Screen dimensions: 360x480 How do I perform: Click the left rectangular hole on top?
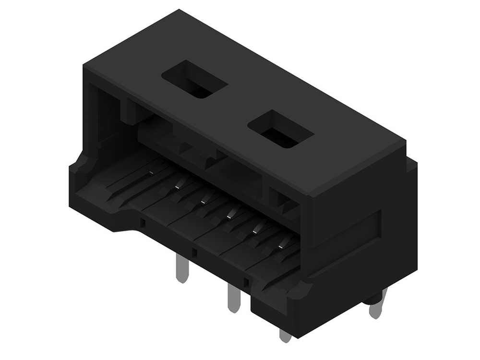click(194, 80)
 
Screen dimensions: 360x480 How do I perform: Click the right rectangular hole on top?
click(280, 129)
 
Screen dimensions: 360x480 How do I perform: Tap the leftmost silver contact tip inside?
click(152, 171)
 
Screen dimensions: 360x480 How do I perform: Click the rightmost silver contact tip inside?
click(285, 242)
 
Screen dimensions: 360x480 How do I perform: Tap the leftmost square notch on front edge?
click(143, 223)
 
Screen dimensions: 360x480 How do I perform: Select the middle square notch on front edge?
click(194, 252)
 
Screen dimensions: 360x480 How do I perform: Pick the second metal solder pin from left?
click(233, 299)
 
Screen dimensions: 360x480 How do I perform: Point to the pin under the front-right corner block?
click(285, 335)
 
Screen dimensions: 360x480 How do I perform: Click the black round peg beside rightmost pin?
click(370, 300)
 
